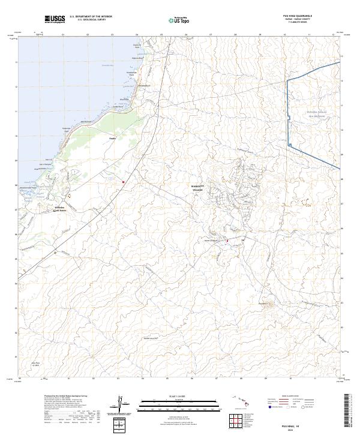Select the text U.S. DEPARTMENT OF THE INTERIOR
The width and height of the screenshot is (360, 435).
91,16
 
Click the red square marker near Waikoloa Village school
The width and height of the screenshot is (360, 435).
227,241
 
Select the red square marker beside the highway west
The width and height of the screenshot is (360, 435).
124,181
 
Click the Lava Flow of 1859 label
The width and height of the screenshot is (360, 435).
35,364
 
